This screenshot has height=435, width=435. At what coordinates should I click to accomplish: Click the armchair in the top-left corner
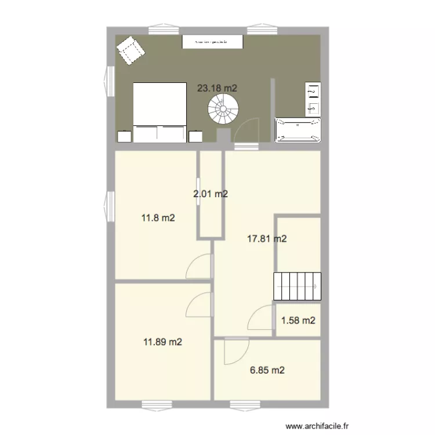[x=132, y=51]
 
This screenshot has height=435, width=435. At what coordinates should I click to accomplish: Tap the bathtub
[x=298, y=130]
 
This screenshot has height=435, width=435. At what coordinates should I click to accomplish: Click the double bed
[x=159, y=112]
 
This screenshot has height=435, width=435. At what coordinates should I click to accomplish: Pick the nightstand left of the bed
[x=125, y=136]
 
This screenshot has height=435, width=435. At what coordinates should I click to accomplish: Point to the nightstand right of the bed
[x=195, y=136]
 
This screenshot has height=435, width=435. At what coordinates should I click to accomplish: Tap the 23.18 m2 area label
[x=217, y=88]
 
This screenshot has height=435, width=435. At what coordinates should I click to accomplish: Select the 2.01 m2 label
[x=211, y=194]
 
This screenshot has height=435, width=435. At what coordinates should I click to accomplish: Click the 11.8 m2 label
[x=158, y=219]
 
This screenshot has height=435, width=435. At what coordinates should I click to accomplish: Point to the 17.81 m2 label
[x=267, y=238]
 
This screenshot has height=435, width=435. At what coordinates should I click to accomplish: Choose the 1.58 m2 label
[x=298, y=320]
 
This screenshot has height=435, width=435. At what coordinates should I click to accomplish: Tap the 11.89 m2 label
[x=163, y=342]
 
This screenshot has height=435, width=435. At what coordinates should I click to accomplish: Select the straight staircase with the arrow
[x=297, y=285]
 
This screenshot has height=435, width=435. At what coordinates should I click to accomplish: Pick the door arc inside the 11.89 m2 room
[x=199, y=304]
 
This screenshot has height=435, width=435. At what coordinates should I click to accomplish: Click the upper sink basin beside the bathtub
[x=313, y=90]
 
